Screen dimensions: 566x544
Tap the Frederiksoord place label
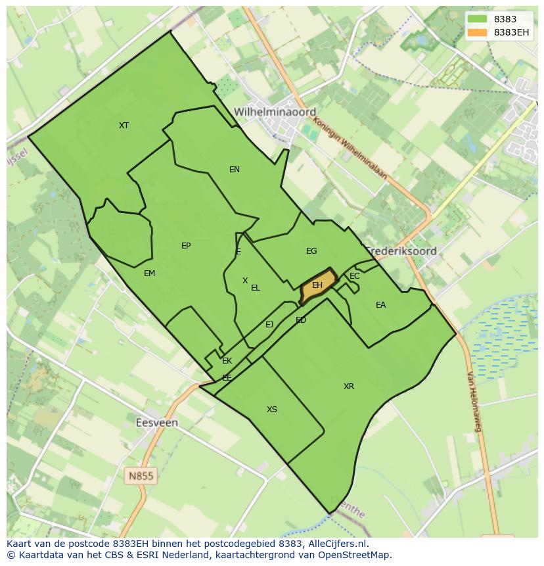pos(401,251)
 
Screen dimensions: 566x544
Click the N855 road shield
pos(141,476)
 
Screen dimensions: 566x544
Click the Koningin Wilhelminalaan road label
pos(350,148)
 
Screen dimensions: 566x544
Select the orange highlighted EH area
pos(318,285)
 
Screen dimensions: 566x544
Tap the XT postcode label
pos(124,125)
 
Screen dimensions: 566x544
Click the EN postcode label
pos(235,170)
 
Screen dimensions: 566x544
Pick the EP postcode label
pos(186,246)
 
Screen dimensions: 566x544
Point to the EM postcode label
pos(149,273)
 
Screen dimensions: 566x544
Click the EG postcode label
pos(311,251)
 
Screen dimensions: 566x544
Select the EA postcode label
pos(380,305)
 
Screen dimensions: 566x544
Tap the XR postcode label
pos(349,387)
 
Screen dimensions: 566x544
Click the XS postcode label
pos(272,410)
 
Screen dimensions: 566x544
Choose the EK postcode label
pos(227,361)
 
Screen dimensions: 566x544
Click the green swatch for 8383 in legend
pos(478,19)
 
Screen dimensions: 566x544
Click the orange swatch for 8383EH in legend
pos(478,32)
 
